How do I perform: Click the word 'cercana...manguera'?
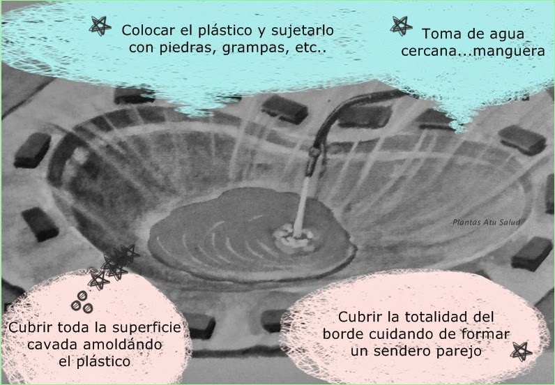pyautogui.click(x=473, y=52)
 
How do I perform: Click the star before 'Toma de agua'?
pyautogui.click(x=401, y=26)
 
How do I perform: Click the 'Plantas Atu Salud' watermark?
pyautogui.click(x=486, y=222)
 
